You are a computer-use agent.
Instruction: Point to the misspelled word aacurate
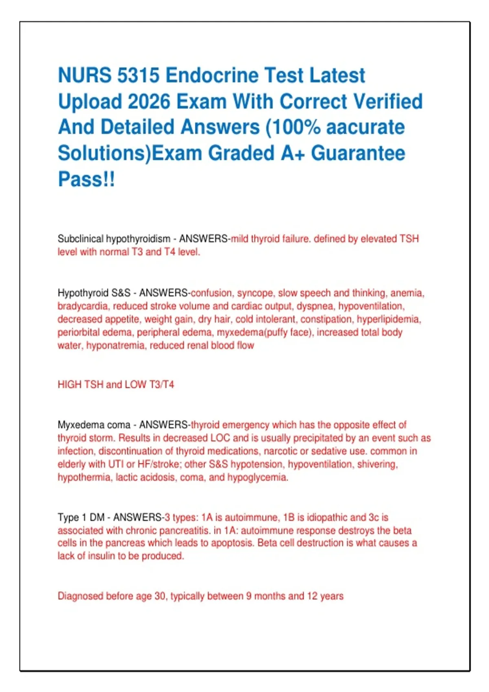coord(366,127)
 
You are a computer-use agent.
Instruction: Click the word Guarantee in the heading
coord(358,153)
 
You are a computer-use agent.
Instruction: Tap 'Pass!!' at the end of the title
coord(86,179)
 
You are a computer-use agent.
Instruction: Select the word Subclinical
coord(80,239)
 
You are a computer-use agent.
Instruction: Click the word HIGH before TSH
coord(69,385)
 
